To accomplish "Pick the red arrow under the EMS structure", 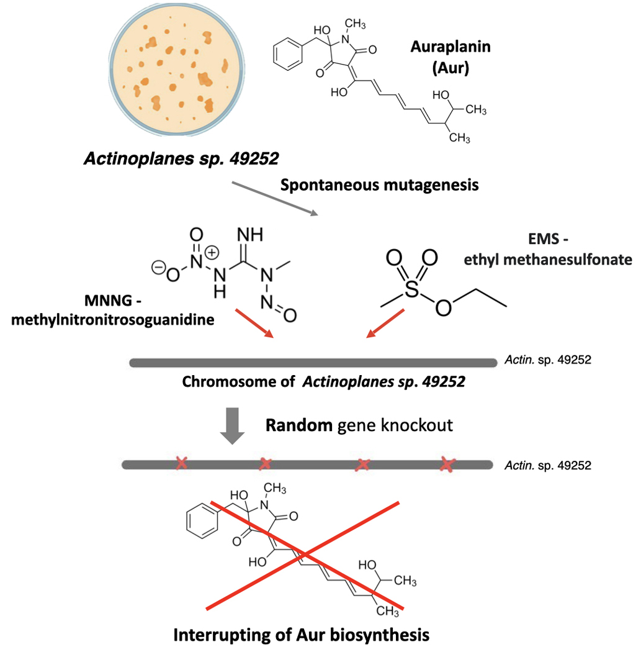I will pos(386,324).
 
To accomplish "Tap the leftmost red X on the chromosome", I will pos(181,463).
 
